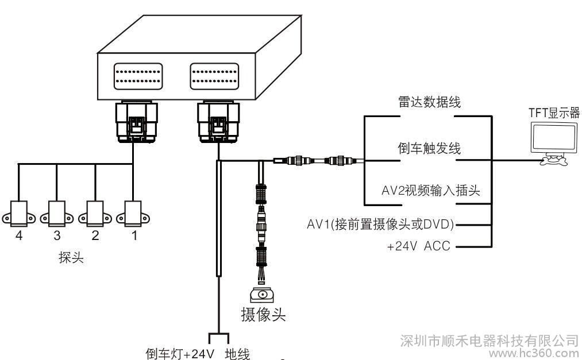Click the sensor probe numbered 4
[x=18, y=214]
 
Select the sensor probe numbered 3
[x=57, y=214]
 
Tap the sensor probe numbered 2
[x=95, y=214]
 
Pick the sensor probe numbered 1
[x=133, y=214]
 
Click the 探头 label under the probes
[x=71, y=257]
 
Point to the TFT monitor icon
[x=555, y=144]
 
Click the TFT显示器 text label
[x=554, y=113]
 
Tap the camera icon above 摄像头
[x=263, y=295]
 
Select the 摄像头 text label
[x=263, y=315]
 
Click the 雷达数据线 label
[x=429, y=102]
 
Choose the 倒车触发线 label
[x=429, y=148]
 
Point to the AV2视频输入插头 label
[x=430, y=191]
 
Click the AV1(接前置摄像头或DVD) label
[x=381, y=224]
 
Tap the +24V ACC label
[x=418, y=246]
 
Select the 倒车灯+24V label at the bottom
[x=180, y=354]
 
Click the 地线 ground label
[x=237, y=354]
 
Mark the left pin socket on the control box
[x=138, y=76]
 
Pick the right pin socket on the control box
[x=214, y=76]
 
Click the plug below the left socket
[x=137, y=122]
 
